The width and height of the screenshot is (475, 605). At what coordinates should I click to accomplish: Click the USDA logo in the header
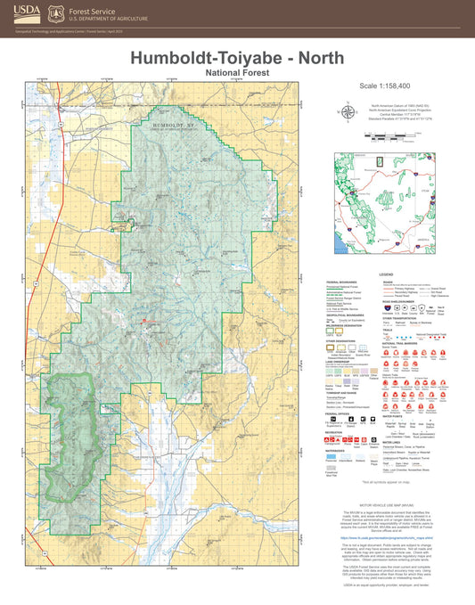click(27, 13)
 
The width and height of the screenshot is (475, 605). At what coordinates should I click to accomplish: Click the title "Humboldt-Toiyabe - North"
click(237, 56)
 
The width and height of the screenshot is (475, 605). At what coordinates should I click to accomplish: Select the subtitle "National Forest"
click(237, 70)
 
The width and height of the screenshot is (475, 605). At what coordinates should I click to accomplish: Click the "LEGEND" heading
click(387, 274)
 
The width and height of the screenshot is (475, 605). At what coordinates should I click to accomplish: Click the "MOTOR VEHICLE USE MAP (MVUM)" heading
click(387, 503)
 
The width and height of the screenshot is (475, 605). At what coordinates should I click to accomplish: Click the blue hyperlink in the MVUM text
click(387, 539)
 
